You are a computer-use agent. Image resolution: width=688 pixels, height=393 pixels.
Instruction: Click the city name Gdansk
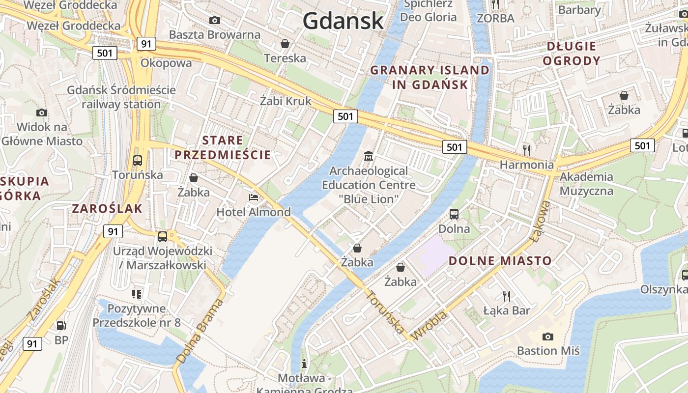coord(343,21)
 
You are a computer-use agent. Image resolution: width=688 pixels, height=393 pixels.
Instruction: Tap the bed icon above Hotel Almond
coord(254,197)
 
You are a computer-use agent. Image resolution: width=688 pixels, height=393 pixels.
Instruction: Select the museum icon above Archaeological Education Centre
coord(368,156)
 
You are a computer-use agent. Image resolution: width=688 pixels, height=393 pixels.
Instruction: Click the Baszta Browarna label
coord(214,35)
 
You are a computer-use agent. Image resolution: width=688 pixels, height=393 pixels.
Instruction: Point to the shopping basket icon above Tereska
coord(285,44)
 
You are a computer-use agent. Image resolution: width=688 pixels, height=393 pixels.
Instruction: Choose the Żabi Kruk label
coord(286,101)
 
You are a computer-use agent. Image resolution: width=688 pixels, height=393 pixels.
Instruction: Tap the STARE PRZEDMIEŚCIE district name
coord(223,147)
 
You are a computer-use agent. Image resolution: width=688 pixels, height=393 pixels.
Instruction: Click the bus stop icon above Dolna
coord(454,214)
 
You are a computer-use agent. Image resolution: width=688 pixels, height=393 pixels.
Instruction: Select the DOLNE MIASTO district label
coord(500,260)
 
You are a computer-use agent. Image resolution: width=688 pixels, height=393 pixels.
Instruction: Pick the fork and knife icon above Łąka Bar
coord(507,296)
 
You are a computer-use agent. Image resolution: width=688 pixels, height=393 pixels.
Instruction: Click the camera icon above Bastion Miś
coord(547,337)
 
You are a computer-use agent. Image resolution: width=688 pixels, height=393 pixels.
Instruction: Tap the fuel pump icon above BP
coord(61,325)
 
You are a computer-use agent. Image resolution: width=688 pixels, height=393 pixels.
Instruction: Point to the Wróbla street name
coord(430,325)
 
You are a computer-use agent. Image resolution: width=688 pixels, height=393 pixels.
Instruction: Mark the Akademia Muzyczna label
coord(586,184)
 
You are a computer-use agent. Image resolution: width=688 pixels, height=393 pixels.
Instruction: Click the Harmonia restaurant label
coord(526,165)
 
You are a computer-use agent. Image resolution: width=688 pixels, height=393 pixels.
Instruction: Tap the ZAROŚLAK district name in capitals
coord(107,208)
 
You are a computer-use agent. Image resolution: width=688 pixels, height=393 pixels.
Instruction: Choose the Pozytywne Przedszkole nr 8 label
coord(137,316)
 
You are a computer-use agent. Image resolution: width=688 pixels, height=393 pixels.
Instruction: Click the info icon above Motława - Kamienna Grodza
coord(304,364)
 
